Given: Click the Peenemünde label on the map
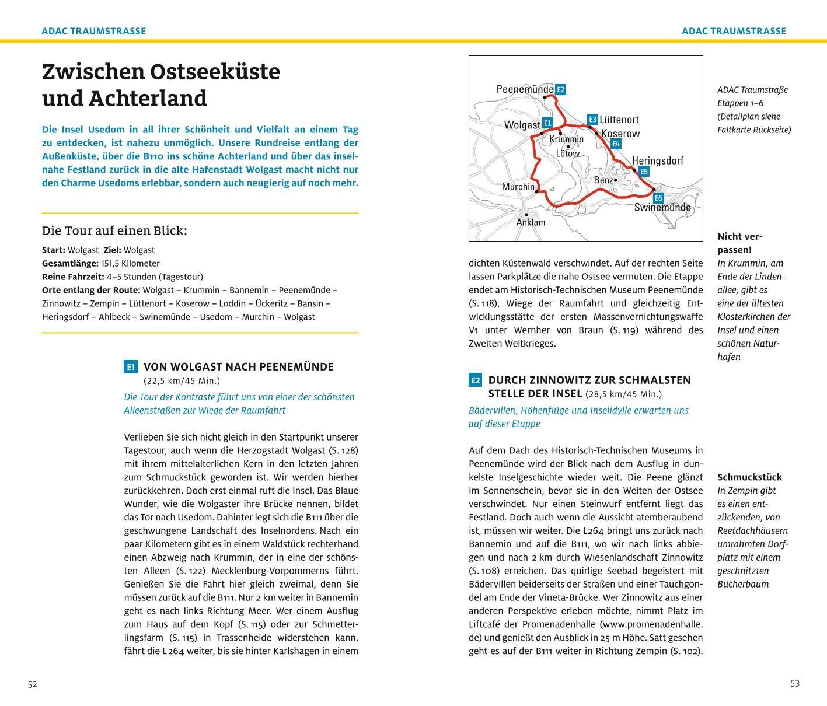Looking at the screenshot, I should (524, 89).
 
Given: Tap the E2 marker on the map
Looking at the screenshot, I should (560, 90).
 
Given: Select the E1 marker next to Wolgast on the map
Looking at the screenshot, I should (547, 123).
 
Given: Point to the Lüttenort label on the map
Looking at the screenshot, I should (619, 120).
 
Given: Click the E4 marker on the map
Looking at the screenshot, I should (616, 144).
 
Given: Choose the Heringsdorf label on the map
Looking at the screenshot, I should (657, 160).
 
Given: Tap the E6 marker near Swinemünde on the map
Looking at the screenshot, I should (658, 198).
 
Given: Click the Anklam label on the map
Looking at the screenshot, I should (531, 222).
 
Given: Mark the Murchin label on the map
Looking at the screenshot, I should (518, 187).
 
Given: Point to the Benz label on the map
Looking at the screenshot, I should (603, 180).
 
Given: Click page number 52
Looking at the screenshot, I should (32, 684).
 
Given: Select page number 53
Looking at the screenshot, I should (794, 684).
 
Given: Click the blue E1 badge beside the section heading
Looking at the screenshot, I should (131, 367).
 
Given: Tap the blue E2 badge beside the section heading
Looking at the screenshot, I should (475, 380).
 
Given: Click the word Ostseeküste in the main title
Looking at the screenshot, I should (215, 72).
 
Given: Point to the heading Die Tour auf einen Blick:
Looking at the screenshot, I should (114, 230).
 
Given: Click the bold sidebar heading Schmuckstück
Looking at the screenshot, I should (749, 477).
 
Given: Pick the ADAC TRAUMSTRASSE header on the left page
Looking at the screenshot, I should (93, 31).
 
